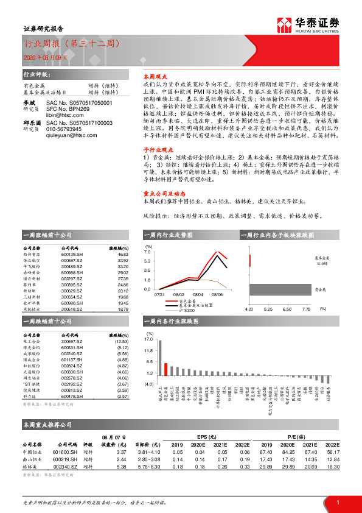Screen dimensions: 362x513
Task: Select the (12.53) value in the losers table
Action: click(x=121, y=342)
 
